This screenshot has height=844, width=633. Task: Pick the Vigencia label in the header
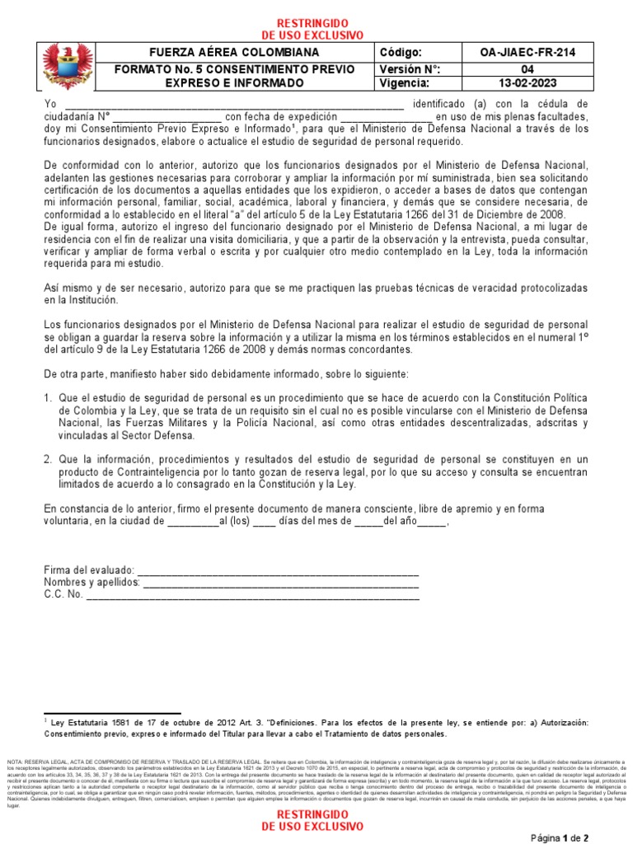405,83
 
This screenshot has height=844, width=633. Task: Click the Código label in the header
401,53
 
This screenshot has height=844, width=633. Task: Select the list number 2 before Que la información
47,459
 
